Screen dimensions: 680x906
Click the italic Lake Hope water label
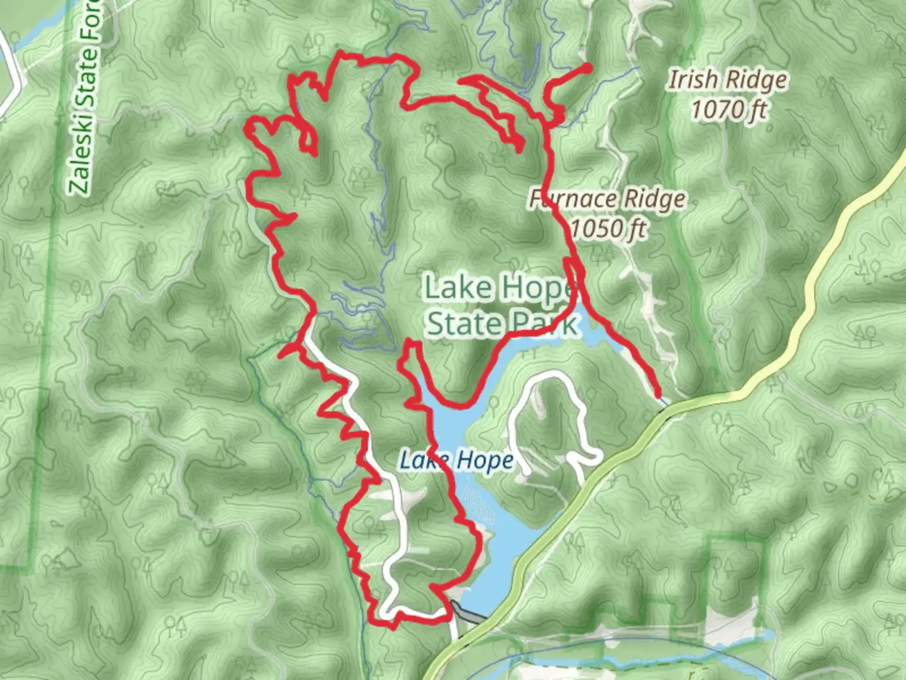457,460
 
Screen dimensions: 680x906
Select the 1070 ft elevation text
729,110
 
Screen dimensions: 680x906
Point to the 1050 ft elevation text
608,228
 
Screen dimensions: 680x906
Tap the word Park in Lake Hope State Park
545,324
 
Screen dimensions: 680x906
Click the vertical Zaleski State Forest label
86,101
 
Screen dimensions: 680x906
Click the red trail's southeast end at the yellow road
659,395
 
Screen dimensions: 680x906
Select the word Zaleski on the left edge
80,161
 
